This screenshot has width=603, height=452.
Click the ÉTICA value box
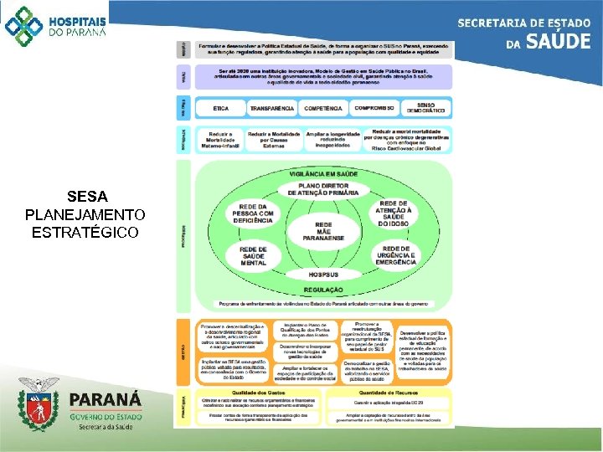[221, 109]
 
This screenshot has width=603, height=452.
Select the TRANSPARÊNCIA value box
[272, 109]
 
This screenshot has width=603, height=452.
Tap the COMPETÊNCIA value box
[323, 109]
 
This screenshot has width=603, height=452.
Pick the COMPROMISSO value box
[374, 109]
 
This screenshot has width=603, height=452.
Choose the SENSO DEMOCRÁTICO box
[425, 109]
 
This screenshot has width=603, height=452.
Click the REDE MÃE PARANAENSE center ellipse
[323, 230]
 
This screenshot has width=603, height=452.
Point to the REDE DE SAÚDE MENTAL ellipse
[254, 255]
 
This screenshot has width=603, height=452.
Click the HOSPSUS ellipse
[323, 274]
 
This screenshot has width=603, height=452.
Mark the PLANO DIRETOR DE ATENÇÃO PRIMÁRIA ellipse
[323, 189]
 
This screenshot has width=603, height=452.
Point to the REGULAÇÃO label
[323, 289]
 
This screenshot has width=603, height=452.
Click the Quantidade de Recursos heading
[387, 393]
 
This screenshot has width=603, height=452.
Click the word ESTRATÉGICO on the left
[85, 231]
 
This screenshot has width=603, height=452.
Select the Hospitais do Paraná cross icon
[23, 25]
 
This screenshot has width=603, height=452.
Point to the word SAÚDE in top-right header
[557, 40]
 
